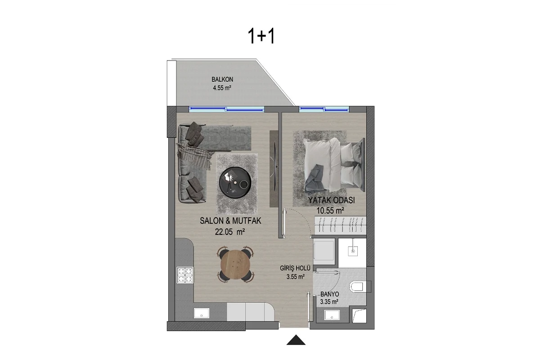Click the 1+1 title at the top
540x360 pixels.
(x=261, y=36)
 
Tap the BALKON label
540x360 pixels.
(x=222, y=79)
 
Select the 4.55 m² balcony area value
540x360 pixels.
(x=222, y=88)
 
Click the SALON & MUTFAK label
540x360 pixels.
(x=230, y=221)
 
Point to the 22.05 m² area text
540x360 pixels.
(x=230, y=232)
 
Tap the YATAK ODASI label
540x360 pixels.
(x=332, y=200)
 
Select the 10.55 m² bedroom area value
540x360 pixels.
(x=330, y=211)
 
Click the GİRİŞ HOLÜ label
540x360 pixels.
(x=295, y=268)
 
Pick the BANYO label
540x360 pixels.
(x=329, y=294)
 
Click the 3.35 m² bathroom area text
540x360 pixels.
(x=329, y=301)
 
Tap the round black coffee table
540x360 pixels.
(x=235, y=183)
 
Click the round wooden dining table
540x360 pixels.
(x=235, y=265)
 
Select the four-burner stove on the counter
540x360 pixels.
(x=185, y=275)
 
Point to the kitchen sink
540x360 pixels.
(x=202, y=313)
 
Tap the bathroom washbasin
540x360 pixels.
(x=332, y=315)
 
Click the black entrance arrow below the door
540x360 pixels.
(x=296, y=340)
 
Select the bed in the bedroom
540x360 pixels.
(x=334, y=165)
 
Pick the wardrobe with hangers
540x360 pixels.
(x=340, y=225)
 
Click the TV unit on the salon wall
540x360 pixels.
(x=274, y=169)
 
